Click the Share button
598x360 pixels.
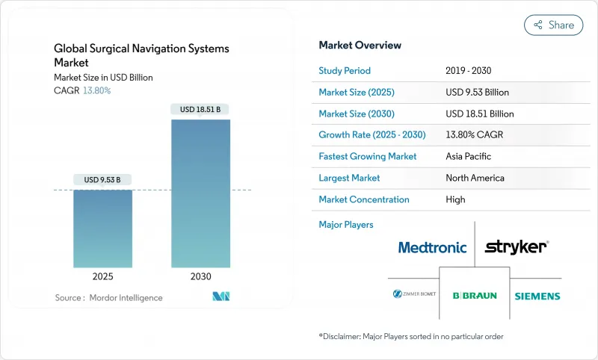click(554, 25)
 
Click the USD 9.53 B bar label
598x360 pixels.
click(102, 179)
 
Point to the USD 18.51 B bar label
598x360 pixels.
click(201, 109)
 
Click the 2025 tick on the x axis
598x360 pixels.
click(102, 276)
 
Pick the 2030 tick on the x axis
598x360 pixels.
click(201, 276)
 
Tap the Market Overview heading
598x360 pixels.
click(360, 46)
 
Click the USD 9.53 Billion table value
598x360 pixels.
click(477, 93)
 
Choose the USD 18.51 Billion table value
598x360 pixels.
click(479, 114)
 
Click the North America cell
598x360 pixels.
click(474, 178)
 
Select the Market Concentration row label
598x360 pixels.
click(364, 199)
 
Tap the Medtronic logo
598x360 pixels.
click(432, 247)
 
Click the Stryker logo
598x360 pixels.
click(517, 246)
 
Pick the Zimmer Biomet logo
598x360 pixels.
click(413, 295)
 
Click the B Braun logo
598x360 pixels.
click(475, 296)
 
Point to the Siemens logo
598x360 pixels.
click(537, 296)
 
